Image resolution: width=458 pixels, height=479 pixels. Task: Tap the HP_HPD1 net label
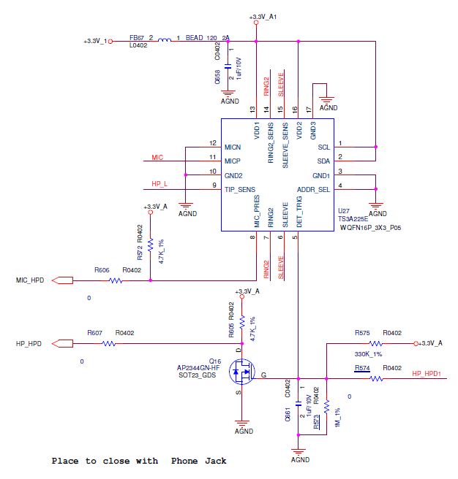(x=426, y=373)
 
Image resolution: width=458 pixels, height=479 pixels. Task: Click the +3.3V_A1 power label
(x=263, y=16)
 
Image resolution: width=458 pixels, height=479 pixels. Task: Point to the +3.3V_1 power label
(x=95, y=42)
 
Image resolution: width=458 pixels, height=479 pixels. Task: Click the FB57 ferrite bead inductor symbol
(x=165, y=42)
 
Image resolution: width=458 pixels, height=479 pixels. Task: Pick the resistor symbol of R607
(x=108, y=342)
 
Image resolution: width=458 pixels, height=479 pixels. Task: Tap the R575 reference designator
(x=362, y=333)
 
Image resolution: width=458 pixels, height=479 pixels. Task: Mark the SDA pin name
(x=323, y=160)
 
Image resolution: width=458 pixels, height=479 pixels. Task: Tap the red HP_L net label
(x=159, y=183)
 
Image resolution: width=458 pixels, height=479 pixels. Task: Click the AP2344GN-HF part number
(x=188, y=367)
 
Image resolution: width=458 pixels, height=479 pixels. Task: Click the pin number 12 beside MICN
(x=213, y=143)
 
